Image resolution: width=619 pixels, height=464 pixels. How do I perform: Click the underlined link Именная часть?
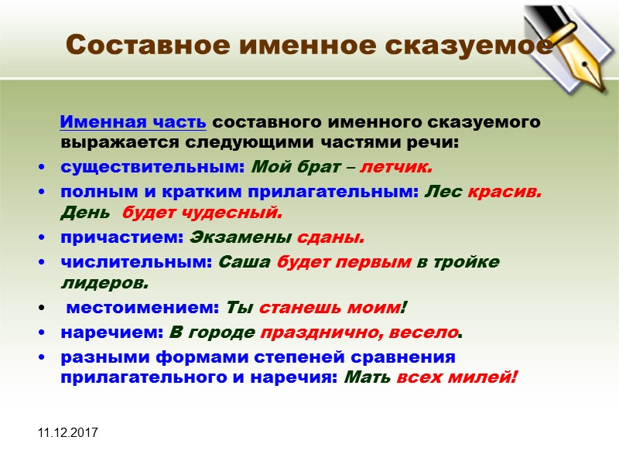click(x=132, y=123)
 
